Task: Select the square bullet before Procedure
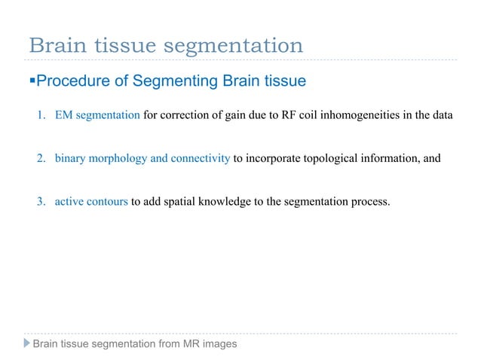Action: click(32, 80)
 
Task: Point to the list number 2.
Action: click(41, 158)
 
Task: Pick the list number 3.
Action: click(41, 201)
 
